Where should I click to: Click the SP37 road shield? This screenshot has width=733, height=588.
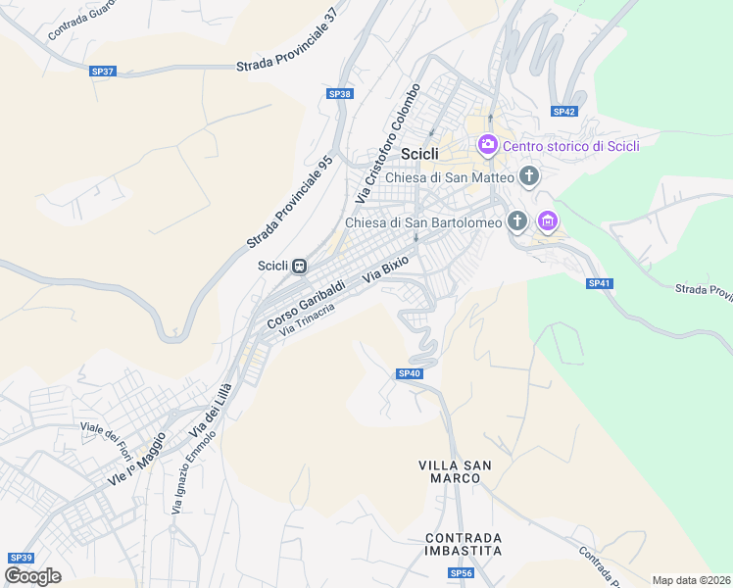point(102,72)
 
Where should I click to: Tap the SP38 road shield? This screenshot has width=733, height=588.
point(339,94)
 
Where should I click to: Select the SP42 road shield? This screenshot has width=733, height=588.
point(563,112)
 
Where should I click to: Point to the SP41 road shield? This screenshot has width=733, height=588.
point(600,283)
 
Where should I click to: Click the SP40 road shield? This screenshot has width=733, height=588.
point(410,373)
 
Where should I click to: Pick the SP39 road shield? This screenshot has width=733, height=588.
point(21,558)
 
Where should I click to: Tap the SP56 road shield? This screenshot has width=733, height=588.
point(462,572)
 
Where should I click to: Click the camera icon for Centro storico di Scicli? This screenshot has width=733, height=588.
point(487,146)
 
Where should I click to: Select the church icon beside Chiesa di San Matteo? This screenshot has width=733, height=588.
point(529,176)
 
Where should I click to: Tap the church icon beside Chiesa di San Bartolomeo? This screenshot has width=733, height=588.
point(516,221)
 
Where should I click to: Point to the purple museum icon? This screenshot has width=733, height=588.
point(548,222)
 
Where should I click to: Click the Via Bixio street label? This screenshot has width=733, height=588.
point(385,269)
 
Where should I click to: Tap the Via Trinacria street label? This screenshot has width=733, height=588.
point(307,322)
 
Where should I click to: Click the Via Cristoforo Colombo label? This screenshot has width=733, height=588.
point(388,144)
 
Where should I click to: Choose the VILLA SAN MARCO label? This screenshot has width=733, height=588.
point(456,471)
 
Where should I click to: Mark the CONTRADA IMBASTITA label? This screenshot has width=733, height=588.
point(464,544)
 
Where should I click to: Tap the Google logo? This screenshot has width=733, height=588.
point(33,575)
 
